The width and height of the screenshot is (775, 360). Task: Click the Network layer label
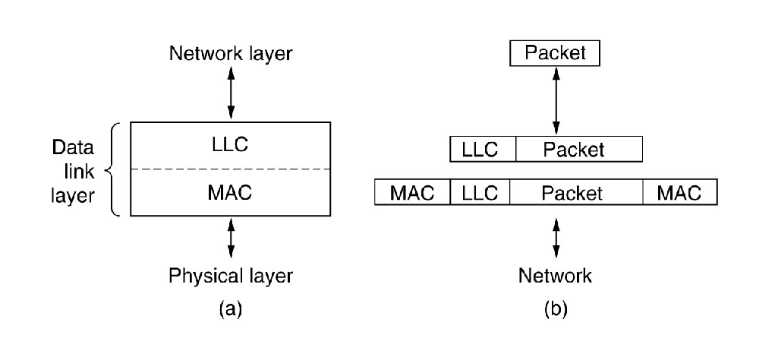click(231, 54)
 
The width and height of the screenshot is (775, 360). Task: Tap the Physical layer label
click(231, 274)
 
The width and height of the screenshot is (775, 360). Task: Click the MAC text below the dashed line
click(231, 193)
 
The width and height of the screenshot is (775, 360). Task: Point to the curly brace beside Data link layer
click(114, 169)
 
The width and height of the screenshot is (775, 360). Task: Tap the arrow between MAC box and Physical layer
click(231, 239)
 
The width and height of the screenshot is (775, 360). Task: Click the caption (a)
click(231, 308)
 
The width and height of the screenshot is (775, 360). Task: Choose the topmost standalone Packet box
click(555, 54)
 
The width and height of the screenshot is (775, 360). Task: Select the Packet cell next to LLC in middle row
click(578, 150)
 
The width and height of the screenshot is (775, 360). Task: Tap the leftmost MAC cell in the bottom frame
click(412, 193)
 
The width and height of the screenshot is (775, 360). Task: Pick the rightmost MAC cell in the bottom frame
click(679, 193)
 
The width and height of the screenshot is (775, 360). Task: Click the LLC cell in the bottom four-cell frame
click(480, 193)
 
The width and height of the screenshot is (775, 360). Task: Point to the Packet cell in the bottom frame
click(576, 193)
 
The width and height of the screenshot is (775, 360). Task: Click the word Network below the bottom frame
click(555, 274)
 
